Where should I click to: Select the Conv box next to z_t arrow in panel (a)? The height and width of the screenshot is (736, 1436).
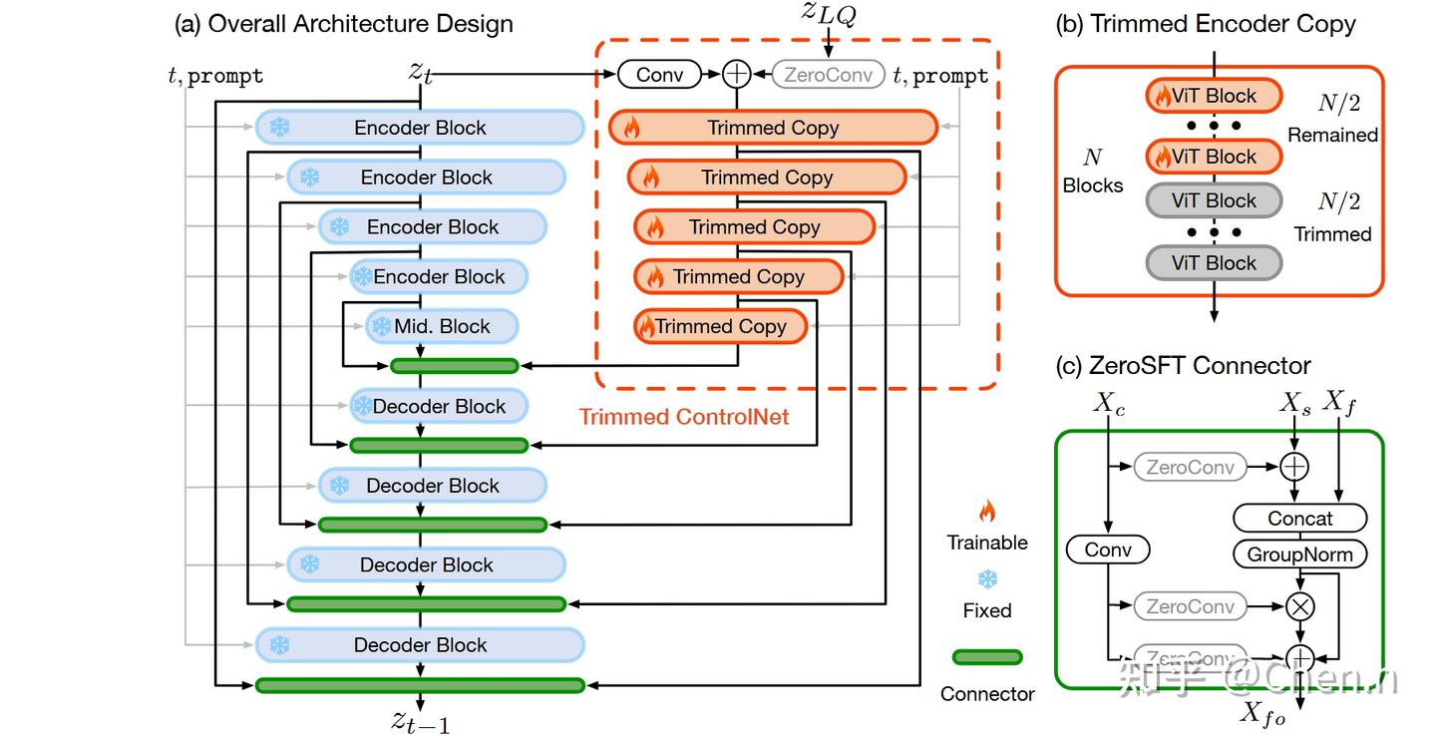pyautogui.click(x=659, y=74)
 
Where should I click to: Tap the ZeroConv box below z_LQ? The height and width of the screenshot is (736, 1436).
pyautogui.click(x=829, y=74)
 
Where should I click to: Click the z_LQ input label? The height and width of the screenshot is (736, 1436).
pyautogui.click(x=828, y=15)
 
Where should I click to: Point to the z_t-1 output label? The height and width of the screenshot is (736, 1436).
pyautogui.click(x=420, y=720)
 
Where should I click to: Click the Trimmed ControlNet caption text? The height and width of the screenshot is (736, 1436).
pyautogui.click(x=684, y=417)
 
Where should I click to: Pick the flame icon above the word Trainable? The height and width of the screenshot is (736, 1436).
pyautogui.click(x=987, y=512)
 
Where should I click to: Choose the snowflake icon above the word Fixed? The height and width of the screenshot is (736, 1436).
pyautogui.click(x=987, y=579)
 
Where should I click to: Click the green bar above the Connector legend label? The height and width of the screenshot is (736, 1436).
pyautogui.click(x=987, y=657)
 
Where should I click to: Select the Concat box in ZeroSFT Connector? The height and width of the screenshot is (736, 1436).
pyautogui.click(x=1299, y=519)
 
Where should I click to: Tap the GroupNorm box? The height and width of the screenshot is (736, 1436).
pyautogui.click(x=1299, y=554)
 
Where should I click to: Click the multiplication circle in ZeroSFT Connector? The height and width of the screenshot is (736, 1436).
pyautogui.click(x=1300, y=606)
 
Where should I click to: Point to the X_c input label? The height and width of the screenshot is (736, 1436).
pyautogui.click(x=1109, y=404)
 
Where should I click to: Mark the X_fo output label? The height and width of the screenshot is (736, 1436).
pyautogui.click(x=1262, y=713)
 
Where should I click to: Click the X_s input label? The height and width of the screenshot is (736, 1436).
pyautogui.click(x=1295, y=404)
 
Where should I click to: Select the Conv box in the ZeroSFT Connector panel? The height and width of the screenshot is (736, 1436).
pyautogui.click(x=1108, y=550)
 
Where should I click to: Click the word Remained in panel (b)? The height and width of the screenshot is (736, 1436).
pyautogui.click(x=1332, y=135)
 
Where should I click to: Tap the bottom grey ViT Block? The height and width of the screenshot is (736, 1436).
pyautogui.click(x=1214, y=263)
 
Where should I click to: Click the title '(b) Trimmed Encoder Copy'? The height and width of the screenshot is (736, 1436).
pyautogui.click(x=1206, y=24)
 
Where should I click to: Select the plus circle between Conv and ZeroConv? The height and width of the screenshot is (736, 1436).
pyautogui.click(x=737, y=74)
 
